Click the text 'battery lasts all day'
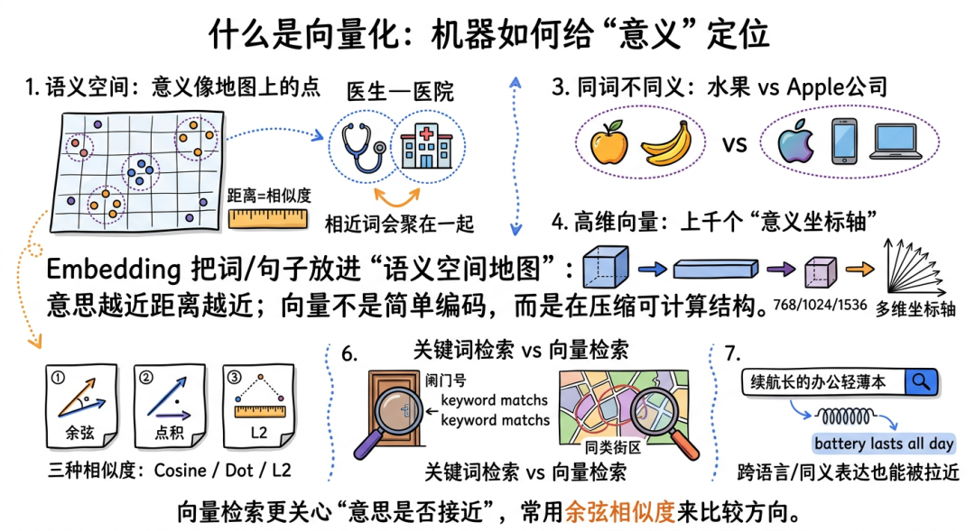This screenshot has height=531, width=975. [883, 444]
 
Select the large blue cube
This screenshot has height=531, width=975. [606, 267]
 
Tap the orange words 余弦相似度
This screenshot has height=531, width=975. [619, 513]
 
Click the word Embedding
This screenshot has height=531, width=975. [107, 270]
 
